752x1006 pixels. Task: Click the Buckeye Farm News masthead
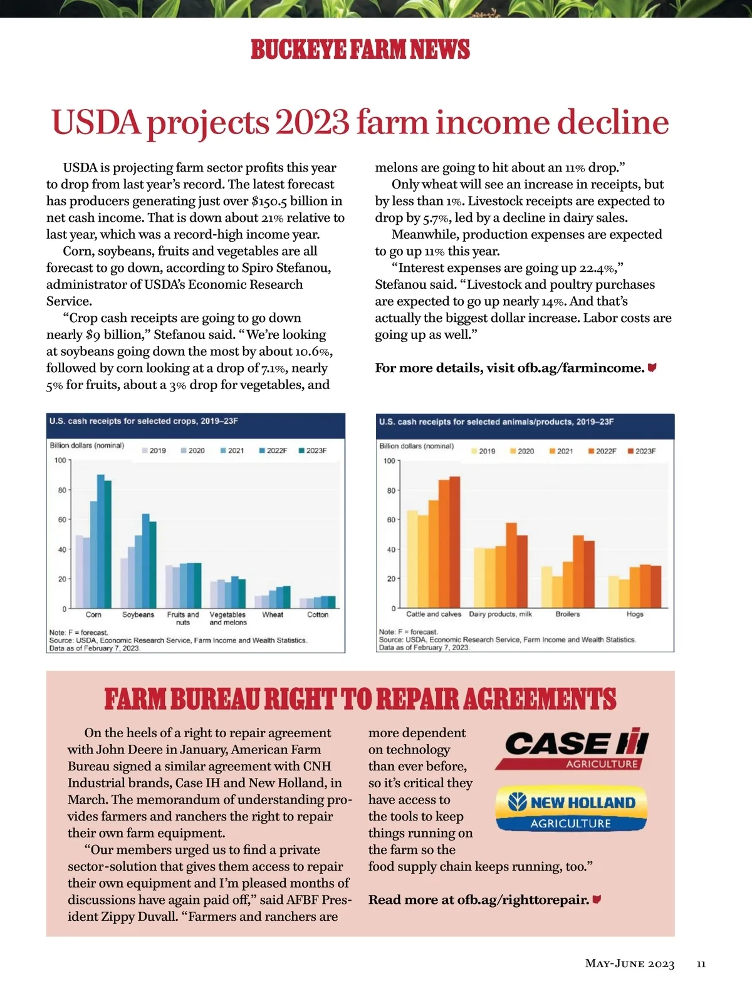click(x=360, y=49)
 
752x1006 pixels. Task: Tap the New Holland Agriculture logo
click(x=571, y=808)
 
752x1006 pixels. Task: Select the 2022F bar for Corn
click(x=100, y=541)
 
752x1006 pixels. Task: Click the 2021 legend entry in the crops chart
click(x=232, y=450)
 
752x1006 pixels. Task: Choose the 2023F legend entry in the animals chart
click(x=642, y=451)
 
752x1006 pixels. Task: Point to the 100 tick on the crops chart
click(x=60, y=460)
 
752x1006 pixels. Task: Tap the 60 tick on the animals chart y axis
click(x=391, y=520)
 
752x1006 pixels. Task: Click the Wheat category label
click(x=273, y=614)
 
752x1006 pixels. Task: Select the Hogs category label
click(x=635, y=614)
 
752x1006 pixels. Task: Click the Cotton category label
click(x=318, y=614)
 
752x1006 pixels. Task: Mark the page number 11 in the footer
click(x=701, y=963)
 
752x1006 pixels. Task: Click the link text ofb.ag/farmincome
click(x=581, y=368)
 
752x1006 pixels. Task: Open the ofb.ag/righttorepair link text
click(x=523, y=900)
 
